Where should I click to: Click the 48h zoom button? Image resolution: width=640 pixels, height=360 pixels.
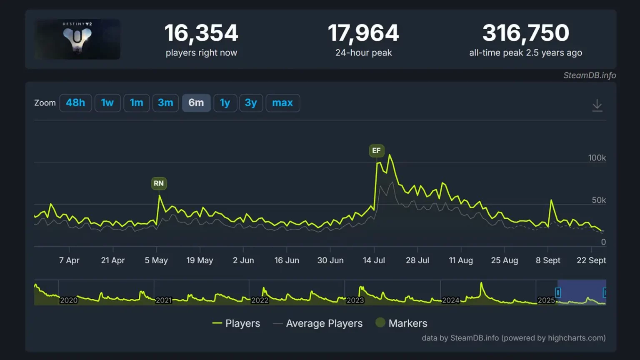point(75,103)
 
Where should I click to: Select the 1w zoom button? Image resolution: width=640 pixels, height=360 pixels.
point(107,103)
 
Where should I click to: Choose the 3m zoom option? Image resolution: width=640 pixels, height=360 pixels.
point(165,103)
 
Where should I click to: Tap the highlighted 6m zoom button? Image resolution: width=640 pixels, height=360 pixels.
point(196,103)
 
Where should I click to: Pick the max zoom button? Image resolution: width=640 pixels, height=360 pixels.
point(282,103)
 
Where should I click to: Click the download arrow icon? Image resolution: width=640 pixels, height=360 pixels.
point(597,105)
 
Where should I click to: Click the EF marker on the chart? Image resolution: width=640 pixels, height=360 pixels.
point(376,150)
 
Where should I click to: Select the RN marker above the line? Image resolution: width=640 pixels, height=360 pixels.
point(159,183)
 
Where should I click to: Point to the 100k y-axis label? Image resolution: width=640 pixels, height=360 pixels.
point(597,158)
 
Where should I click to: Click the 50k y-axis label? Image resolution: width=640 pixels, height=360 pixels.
point(599,200)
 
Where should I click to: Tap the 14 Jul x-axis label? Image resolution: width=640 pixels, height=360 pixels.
point(374,260)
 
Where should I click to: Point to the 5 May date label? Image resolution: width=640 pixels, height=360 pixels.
point(156,260)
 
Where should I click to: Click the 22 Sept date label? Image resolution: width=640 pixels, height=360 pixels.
point(591,260)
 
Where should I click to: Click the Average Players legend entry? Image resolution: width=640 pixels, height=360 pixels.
point(324,323)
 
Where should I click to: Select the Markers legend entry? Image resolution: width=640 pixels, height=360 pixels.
point(407,323)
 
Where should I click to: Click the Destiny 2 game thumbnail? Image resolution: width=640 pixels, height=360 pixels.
point(77,39)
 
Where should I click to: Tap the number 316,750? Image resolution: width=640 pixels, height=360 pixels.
point(525,33)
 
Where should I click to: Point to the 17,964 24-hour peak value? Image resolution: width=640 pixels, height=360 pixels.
point(363,33)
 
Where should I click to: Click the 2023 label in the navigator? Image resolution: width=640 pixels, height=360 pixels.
point(355,300)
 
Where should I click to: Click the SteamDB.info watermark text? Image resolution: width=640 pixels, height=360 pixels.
point(589,75)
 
